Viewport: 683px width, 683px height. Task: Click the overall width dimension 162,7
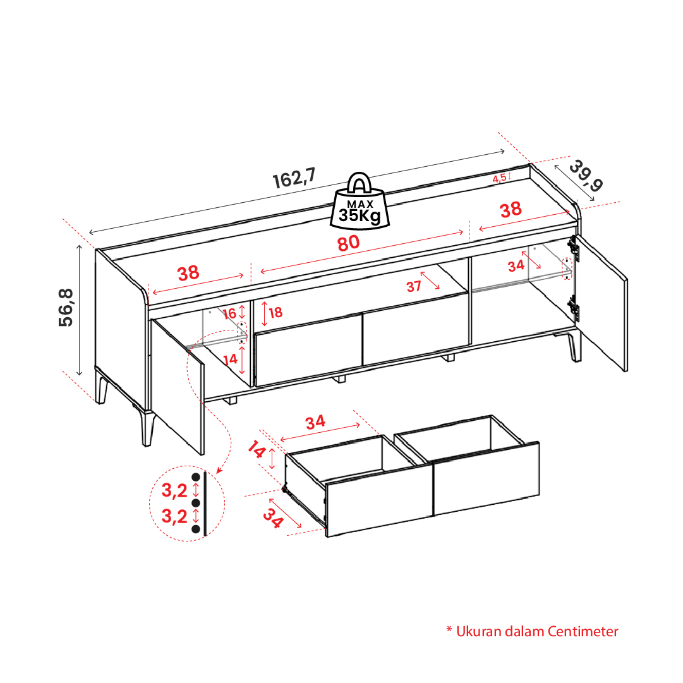[x=294, y=178]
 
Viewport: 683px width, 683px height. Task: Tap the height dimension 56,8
[x=66, y=308]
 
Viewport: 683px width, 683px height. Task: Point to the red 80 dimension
[x=349, y=243]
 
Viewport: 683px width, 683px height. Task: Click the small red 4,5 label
[x=499, y=178]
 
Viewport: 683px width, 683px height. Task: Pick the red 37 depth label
[x=414, y=286]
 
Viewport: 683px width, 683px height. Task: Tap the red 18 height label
[x=275, y=312]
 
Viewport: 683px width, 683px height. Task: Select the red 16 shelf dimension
[x=229, y=313]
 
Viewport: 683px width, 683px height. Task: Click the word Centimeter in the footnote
[x=583, y=631]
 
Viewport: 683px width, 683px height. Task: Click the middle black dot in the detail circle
[x=196, y=503]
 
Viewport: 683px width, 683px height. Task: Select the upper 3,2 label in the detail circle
[x=174, y=490]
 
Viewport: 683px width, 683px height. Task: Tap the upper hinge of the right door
[x=574, y=249]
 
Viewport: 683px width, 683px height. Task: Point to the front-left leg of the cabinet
[x=148, y=428]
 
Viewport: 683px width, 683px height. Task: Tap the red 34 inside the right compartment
[x=516, y=266]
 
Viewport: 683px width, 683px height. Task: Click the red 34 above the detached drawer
[x=315, y=422]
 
